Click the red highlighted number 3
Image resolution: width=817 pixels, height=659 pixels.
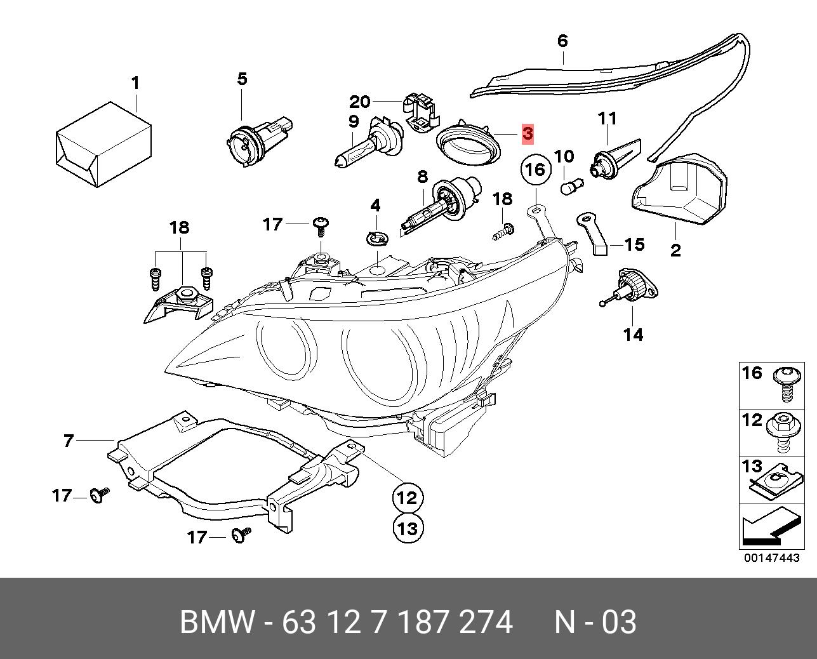528,134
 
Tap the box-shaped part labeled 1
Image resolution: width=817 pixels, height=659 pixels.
103,145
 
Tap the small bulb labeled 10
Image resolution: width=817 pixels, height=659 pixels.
569,187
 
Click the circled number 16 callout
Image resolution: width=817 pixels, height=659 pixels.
535,170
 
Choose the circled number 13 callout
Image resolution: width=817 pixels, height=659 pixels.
408,528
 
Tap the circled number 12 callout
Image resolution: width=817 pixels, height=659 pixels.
408,497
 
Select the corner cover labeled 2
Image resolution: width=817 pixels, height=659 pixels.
679,190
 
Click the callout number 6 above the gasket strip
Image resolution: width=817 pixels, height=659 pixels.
562,41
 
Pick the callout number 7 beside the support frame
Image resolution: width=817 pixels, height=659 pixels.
69,440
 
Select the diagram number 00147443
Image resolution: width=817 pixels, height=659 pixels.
771,558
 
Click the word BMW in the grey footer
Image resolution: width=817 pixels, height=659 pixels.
216,622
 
